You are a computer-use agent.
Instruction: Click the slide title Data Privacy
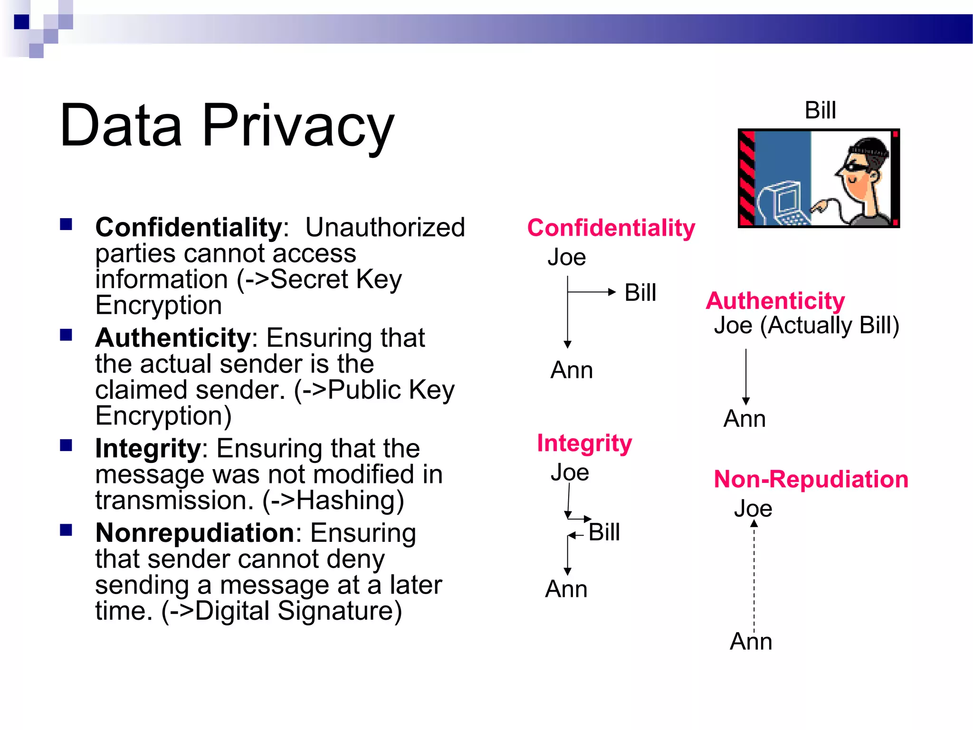(227, 126)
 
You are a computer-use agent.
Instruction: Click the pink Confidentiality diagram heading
(611, 228)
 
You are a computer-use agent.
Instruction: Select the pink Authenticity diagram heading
(775, 301)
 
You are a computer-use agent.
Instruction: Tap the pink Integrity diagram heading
(584, 443)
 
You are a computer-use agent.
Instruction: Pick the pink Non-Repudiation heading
(811, 479)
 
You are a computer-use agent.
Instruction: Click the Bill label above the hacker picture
(820, 111)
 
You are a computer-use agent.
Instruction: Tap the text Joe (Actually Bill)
(806, 326)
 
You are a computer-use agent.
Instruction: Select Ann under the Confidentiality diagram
(572, 370)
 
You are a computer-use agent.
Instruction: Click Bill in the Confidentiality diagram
(640, 293)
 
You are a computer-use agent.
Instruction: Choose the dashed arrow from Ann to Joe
(754, 575)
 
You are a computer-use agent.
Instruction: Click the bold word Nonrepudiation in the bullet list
(194, 533)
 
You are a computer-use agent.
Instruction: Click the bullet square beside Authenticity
(66, 336)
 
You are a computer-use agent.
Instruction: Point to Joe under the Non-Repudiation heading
(753, 509)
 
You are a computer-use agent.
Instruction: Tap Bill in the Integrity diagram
(604, 532)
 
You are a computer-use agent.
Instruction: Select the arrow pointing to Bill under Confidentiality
(591, 292)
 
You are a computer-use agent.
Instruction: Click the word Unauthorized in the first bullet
(385, 228)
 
